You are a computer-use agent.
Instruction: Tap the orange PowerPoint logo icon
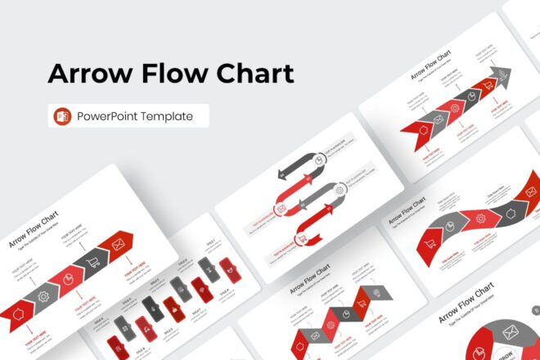62,116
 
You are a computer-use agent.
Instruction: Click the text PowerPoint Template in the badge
135,116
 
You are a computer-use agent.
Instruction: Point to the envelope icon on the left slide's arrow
118,243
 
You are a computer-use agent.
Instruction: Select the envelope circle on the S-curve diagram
281,209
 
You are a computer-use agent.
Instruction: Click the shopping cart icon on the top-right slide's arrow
488,86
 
